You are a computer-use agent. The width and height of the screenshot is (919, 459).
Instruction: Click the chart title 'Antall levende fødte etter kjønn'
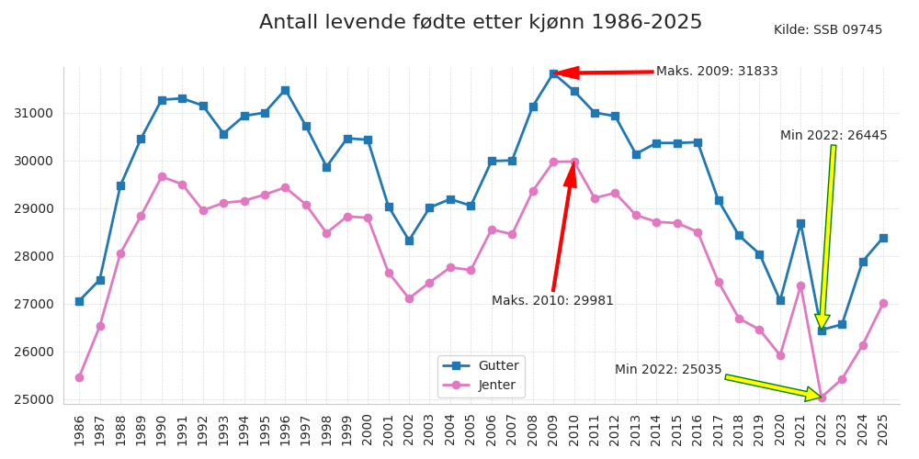pyautogui.click(x=480, y=23)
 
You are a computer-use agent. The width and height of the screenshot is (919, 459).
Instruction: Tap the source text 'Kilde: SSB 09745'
pyautogui.click(x=827, y=30)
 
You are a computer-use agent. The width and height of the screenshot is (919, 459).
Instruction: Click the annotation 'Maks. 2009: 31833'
pyautogui.click(x=716, y=72)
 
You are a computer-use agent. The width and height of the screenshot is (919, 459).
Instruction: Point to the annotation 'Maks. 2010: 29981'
pyautogui.click(x=552, y=301)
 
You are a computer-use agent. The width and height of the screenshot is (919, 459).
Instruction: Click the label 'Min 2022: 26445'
pyautogui.click(x=834, y=136)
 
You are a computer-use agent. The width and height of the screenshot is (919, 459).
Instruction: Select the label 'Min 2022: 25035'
pyautogui.click(x=668, y=370)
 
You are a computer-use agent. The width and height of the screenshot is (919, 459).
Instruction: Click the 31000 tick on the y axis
pyautogui.click(x=33, y=113)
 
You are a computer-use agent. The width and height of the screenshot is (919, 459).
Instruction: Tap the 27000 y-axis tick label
pyautogui.click(x=33, y=304)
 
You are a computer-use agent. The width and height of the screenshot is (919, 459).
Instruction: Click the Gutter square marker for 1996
pyautogui.click(x=285, y=90)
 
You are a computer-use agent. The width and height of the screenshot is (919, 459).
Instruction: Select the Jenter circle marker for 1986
pyautogui.click(x=79, y=377)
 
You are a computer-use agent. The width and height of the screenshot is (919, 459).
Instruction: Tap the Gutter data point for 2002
pyautogui.click(x=409, y=241)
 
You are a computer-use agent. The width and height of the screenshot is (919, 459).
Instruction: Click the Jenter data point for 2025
pyautogui.click(x=883, y=303)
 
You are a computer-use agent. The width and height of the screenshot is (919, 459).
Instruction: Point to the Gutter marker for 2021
pyautogui.click(x=800, y=223)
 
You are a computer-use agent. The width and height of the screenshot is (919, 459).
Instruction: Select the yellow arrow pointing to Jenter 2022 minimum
pyautogui.click(x=772, y=387)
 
